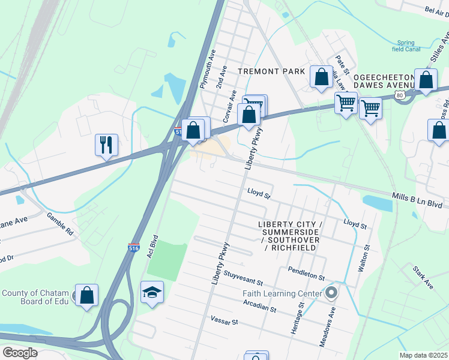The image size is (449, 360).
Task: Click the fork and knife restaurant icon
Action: [106, 145]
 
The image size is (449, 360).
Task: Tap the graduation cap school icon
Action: [152, 293]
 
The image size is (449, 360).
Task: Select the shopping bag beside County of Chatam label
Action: [87, 295]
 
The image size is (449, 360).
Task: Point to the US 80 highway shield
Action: [400, 95]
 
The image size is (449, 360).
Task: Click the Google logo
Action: [20, 352]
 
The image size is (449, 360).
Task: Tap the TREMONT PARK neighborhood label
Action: [267, 71]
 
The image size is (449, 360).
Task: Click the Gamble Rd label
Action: [59, 224]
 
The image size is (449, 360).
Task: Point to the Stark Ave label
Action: [423, 275]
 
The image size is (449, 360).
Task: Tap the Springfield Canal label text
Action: [409, 46]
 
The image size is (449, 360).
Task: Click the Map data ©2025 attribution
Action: [423, 355]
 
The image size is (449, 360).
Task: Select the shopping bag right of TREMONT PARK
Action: [321, 77]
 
